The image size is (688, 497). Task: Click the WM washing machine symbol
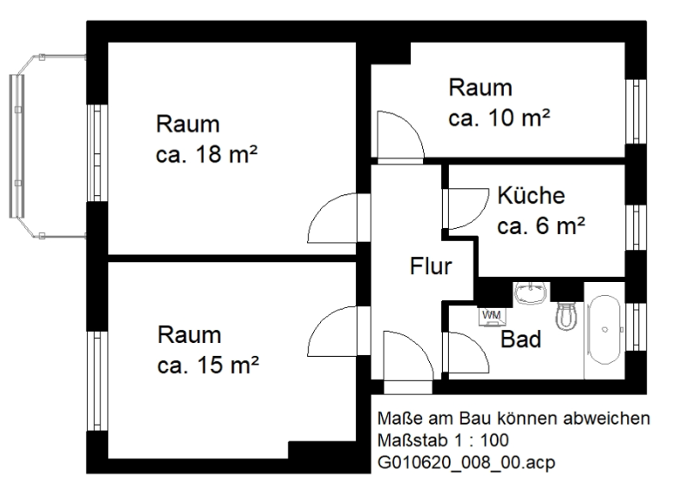[492, 316]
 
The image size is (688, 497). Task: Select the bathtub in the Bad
[605, 330]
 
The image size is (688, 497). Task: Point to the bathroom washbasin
[531, 292]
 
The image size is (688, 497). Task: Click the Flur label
[431, 267]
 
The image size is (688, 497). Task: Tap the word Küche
[531, 195]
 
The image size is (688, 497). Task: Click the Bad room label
[521, 339]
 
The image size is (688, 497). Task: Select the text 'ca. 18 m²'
[206, 154]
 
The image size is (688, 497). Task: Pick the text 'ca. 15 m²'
[208, 365]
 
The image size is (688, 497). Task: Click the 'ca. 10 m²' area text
[499, 117]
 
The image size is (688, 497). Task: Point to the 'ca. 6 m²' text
[541, 226]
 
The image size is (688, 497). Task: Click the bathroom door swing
[466, 353]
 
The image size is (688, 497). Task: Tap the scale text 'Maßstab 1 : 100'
[443, 440]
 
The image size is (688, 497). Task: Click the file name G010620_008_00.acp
[466, 462]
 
